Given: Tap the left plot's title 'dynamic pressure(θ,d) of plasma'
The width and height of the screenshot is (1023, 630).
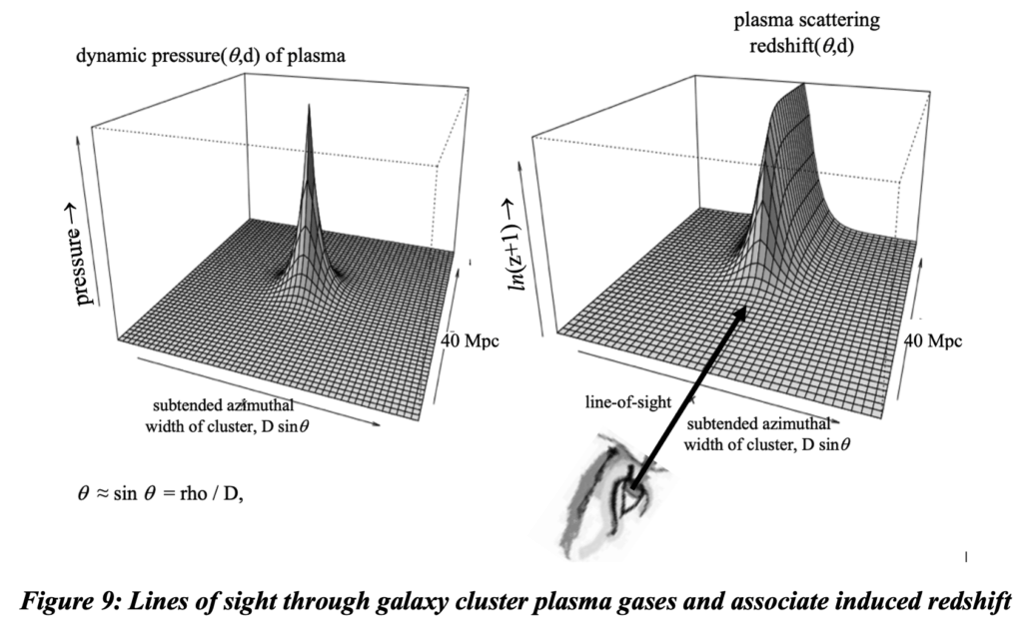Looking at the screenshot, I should click(x=211, y=56).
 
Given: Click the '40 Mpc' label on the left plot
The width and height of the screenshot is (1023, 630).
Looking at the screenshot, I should click(x=470, y=340).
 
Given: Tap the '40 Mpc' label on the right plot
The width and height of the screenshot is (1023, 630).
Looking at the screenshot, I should click(x=934, y=340).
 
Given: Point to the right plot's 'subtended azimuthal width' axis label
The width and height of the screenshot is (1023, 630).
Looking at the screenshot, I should click(x=769, y=430).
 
